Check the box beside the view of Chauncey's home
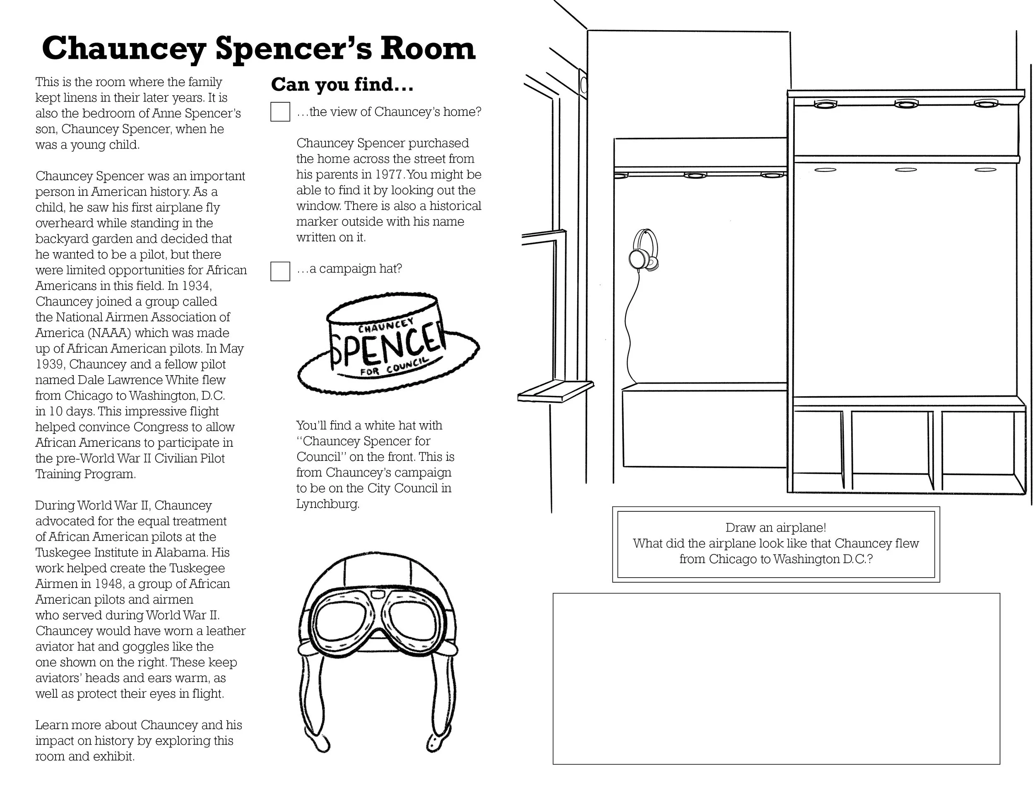(280, 112)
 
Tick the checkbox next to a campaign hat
(280, 271)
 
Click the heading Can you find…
(342, 85)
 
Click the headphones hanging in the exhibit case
(643, 252)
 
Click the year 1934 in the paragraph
(197, 286)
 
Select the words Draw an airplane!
(776, 528)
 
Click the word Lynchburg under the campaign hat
(327, 504)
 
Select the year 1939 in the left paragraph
(50, 364)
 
